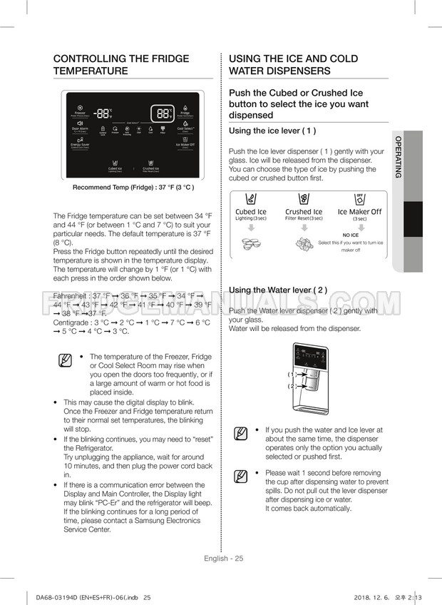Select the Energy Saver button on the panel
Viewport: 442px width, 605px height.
point(80,145)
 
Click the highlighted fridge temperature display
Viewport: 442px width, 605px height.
point(163,113)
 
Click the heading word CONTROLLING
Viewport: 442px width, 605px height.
point(93,59)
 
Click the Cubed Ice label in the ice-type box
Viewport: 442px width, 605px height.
point(251,212)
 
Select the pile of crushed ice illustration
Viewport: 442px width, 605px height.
point(304,243)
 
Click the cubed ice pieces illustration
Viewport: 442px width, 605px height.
point(252,243)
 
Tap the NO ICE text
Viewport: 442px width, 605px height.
point(350,235)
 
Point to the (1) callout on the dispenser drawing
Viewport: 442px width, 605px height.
point(292,374)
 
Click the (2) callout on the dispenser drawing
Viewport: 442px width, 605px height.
point(292,386)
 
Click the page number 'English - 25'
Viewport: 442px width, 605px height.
point(221,558)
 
